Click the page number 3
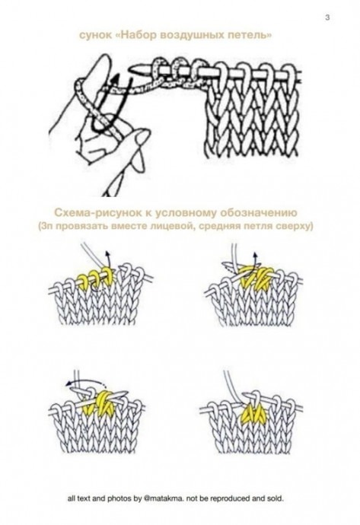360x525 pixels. [x=327, y=17]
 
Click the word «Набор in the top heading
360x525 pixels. [x=137, y=35]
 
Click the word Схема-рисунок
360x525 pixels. [x=97, y=213]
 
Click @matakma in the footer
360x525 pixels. [x=164, y=498]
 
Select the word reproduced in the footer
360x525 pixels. [x=232, y=498]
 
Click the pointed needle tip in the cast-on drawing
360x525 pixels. [x=132, y=70]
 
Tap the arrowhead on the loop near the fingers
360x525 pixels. [x=116, y=79]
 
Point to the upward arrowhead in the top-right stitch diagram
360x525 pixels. [x=255, y=254]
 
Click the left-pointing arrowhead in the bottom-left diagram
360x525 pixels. [x=69, y=383]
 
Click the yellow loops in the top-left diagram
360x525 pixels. [x=95, y=277]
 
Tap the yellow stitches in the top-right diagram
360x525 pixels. [x=253, y=277]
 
